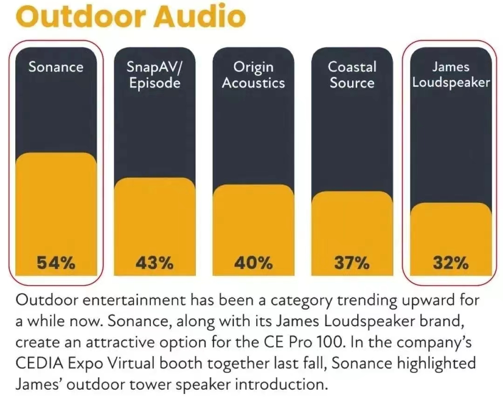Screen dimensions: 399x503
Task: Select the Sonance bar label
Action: click(x=56, y=67)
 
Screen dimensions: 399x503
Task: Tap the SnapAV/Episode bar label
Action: click(x=155, y=75)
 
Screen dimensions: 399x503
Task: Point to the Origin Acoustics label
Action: click(x=253, y=75)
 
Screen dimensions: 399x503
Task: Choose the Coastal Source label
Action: click(x=352, y=75)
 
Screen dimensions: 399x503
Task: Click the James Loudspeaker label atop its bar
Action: click(x=451, y=75)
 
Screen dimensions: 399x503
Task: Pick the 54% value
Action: click(x=56, y=263)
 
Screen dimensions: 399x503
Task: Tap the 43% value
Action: click(x=155, y=263)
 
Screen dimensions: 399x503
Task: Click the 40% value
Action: click(x=253, y=263)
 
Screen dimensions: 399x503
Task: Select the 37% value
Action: click(x=352, y=263)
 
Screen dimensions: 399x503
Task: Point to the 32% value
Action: click(x=451, y=263)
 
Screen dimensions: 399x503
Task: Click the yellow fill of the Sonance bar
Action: click(x=56, y=205)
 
